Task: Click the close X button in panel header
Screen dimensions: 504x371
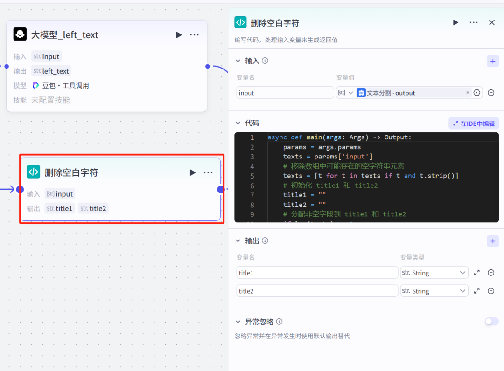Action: point(491,22)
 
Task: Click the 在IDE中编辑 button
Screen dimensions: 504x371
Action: point(474,124)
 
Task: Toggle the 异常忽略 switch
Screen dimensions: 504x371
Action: point(491,321)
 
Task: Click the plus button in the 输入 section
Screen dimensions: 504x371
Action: point(492,61)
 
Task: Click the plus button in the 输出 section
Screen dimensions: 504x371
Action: point(492,241)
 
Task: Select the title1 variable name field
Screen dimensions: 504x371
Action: point(317,273)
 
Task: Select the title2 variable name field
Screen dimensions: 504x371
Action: point(317,291)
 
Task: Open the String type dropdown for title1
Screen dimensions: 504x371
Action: point(434,273)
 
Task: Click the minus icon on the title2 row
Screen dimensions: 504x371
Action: point(491,291)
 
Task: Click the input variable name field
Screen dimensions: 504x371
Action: point(285,93)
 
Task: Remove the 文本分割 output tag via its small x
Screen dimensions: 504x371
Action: point(468,93)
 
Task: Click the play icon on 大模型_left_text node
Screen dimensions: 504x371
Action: point(179,35)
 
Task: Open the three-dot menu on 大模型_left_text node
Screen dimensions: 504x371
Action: point(195,35)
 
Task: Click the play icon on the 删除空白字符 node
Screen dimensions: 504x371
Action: point(193,172)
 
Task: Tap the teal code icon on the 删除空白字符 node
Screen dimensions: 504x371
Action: point(33,172)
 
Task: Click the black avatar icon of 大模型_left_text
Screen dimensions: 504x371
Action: point(20,34)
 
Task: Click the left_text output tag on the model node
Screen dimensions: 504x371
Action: point(51,71)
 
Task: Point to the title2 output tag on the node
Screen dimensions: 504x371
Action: point(93,208)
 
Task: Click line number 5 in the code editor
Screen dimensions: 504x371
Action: point(252,176)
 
